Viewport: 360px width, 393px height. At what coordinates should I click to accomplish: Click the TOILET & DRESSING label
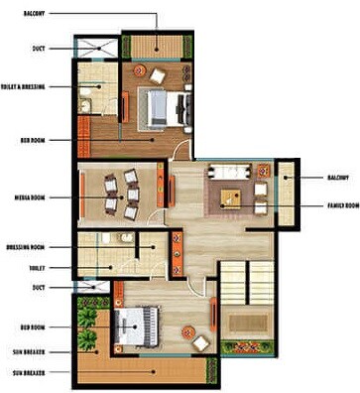[x=21, y=85]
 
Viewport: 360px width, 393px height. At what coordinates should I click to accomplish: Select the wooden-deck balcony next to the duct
[x=153, y=47]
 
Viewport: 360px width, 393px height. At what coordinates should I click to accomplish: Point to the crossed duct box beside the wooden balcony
[x=97, y=47]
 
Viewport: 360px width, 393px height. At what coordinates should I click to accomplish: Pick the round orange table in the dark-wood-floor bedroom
[x=157, y=75]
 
